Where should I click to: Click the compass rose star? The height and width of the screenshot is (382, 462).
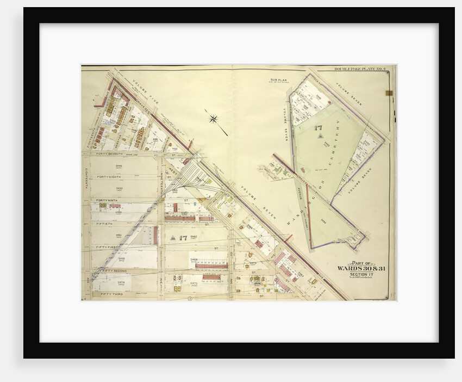click(x=214, y=118)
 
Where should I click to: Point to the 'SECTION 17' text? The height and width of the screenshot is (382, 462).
click(x=359, y=274)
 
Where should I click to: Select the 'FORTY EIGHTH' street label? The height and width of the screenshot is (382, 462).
click(x=109, y=177)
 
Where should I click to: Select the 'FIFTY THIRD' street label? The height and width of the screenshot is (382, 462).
click(x=111, y=294)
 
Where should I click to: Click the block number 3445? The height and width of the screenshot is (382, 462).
click(x=119, y=165)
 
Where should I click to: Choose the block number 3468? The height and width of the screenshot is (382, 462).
click(x=194, y=260)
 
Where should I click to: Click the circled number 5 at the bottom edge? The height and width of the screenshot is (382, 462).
click(x=190, y=299)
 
